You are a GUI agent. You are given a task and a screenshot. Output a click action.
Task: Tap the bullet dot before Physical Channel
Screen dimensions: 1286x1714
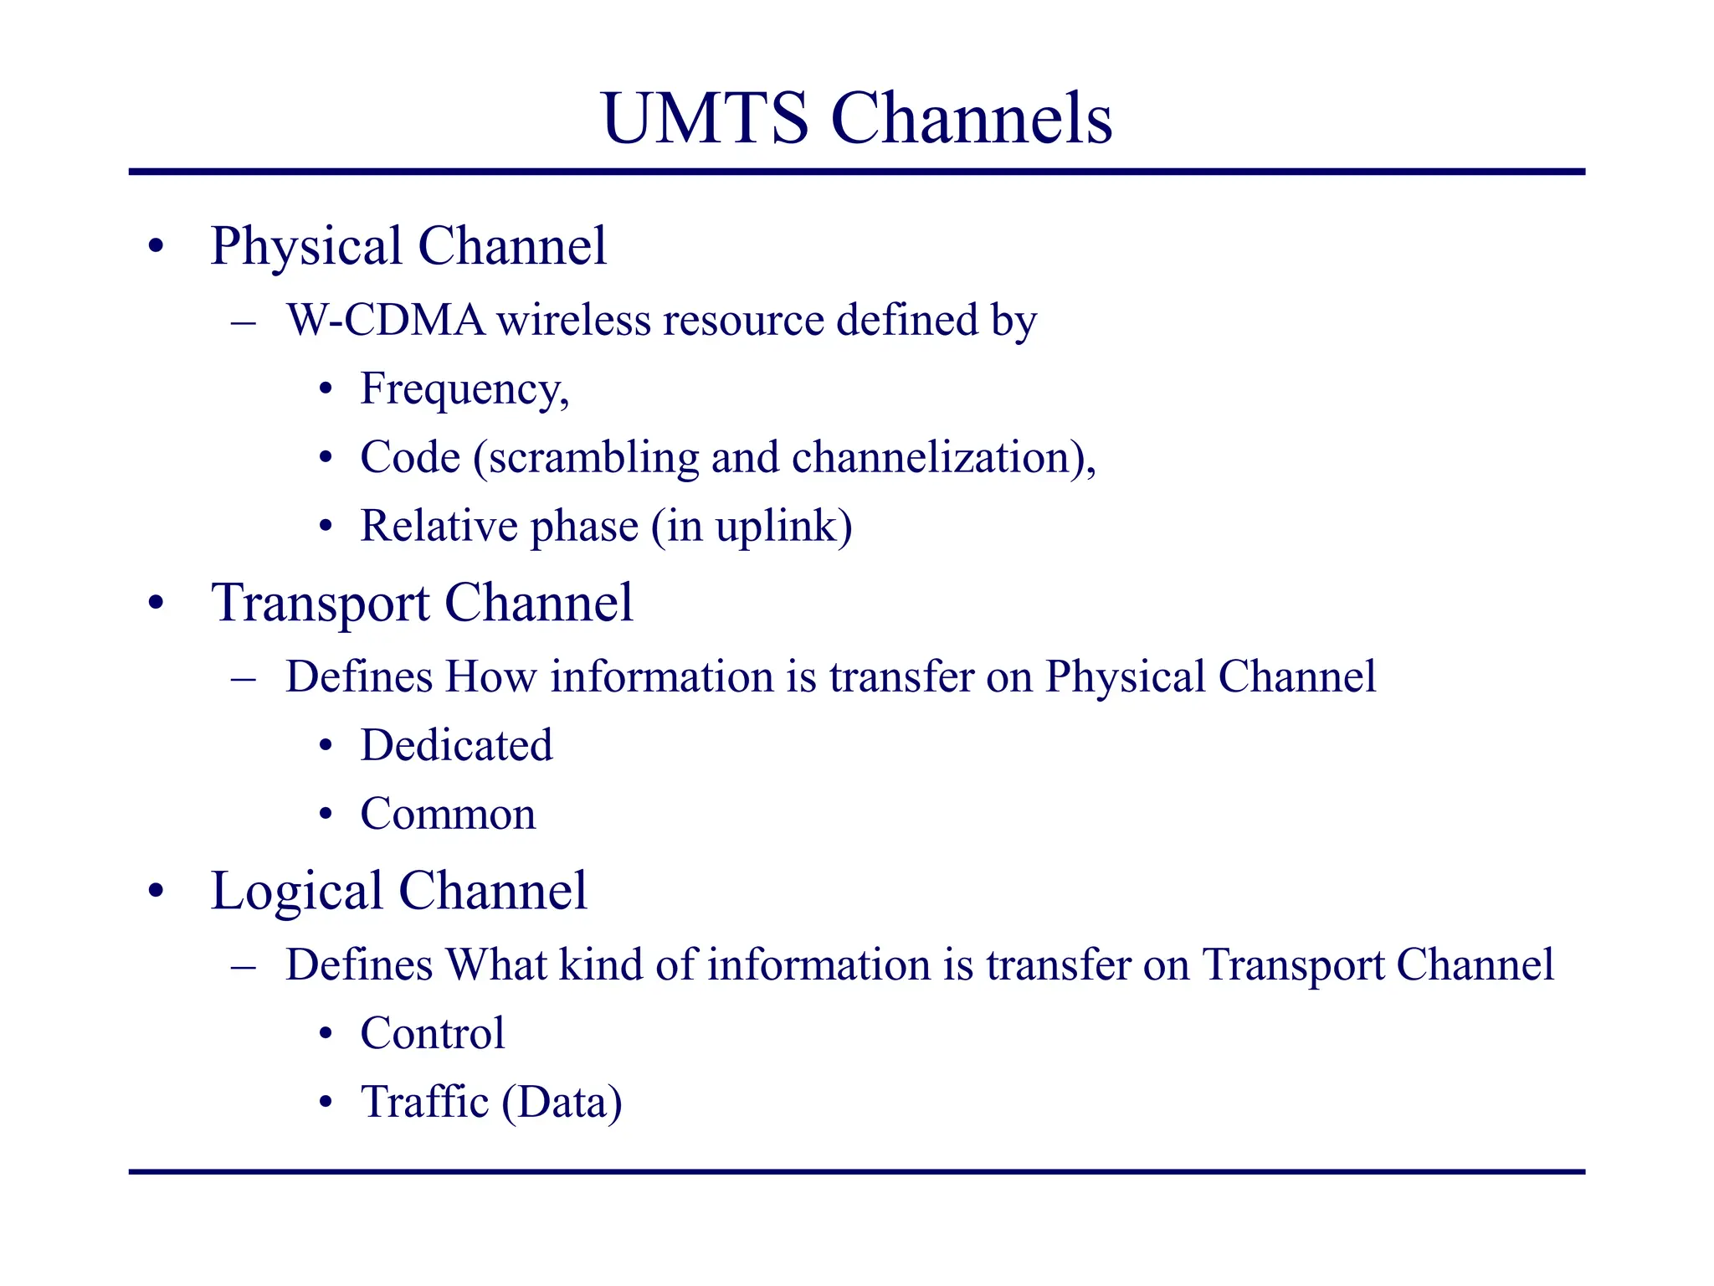(x=156, y=247)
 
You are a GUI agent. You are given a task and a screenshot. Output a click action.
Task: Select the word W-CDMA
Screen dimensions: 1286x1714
(x=385, y=321)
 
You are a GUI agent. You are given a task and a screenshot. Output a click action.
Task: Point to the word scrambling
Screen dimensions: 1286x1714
(x=593, y=458)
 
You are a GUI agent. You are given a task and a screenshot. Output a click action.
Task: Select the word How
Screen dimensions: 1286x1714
(x=490, y=677)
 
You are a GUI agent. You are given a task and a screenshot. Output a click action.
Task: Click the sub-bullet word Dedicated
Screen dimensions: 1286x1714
(x=456, y=745)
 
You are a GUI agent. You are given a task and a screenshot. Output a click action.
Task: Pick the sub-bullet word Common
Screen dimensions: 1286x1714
(x=448, y=814)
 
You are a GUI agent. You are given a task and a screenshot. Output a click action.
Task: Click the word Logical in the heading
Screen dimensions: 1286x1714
(x=297, y=892)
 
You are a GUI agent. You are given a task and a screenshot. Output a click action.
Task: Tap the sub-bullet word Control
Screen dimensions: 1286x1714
(x=432, y=1033)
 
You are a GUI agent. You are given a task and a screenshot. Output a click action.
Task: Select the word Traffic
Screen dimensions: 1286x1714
(x=424, y=1102)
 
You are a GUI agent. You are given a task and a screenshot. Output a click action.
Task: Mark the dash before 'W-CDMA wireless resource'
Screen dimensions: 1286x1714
(x=243, y=322)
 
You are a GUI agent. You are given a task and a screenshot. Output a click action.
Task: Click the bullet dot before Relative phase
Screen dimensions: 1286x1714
(x=326, y=527)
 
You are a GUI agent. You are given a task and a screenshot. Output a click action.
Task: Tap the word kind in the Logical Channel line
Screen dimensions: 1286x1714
(x=602, y=964)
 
